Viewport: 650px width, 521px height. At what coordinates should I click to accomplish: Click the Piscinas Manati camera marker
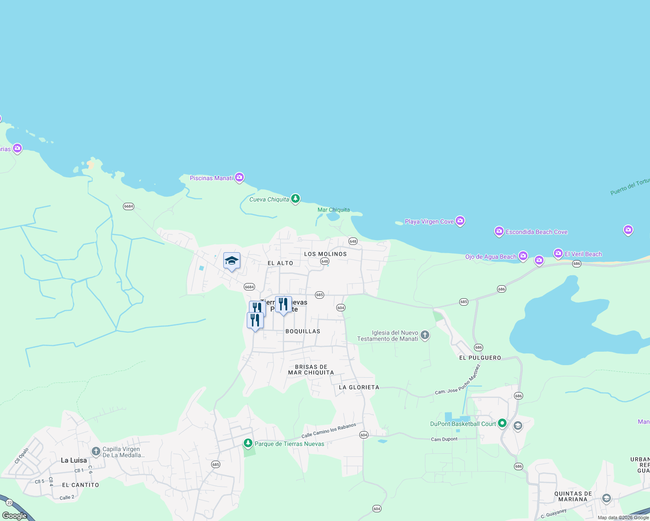point(239,178)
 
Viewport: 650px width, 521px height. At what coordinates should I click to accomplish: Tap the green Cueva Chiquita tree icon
point(295,199)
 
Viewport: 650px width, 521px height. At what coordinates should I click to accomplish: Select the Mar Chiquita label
point(333,210)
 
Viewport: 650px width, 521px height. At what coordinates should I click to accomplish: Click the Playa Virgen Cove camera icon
point(460,221)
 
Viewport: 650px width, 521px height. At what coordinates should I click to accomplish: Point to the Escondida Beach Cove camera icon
point(499,231)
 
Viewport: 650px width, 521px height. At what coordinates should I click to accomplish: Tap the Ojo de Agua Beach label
point(491,257)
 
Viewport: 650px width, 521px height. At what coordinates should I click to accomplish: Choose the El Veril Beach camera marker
point(558,254)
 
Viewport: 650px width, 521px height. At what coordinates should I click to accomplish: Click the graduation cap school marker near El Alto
point(232,261)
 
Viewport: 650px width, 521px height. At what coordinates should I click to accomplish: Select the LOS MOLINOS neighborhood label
point(325,254)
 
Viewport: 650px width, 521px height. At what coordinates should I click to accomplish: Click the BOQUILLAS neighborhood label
point(303,331)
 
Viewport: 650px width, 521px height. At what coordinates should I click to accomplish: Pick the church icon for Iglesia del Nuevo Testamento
point(425,335)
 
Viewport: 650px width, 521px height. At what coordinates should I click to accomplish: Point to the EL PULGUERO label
point(480,358)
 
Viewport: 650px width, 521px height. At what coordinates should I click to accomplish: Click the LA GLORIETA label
point(359,387)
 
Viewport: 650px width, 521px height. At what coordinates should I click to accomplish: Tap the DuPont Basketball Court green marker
point(502,423)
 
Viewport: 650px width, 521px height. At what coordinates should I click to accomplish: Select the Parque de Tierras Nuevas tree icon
point(248,443)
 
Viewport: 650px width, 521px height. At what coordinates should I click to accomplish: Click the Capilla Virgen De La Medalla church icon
point(96,452)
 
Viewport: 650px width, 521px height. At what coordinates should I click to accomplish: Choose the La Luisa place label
point(74,460)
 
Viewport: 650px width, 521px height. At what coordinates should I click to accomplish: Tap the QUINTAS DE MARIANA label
point(573,497)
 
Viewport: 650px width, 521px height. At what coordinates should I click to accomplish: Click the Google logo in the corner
point(15,516)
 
